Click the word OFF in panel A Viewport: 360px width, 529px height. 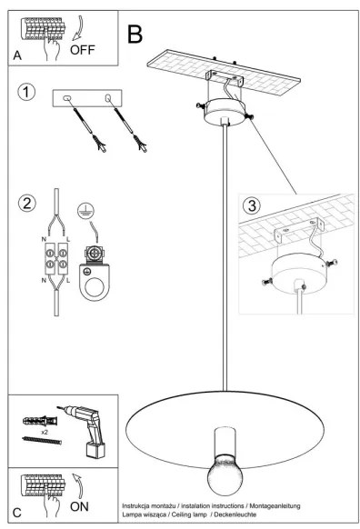click(83, 50)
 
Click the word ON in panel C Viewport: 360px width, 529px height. click(79, 506)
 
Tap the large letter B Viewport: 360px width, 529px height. click(135, 34)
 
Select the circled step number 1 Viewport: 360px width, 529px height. click(26, 92)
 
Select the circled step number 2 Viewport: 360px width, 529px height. click(26, 203)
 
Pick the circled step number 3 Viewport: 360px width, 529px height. click(252, 205)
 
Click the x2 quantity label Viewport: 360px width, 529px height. click(45, 432)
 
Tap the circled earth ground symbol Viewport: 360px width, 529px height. click(85, 211)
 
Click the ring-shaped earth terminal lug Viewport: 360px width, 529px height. click(94, 282)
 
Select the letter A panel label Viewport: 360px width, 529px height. click(17, 55)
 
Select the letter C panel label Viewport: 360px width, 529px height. click(17, 513)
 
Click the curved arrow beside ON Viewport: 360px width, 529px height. click(78, 485)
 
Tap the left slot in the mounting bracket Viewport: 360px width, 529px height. click(66, 98)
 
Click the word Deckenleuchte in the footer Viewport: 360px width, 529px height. click(235, 514)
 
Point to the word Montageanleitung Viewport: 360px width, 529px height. click(275, 505)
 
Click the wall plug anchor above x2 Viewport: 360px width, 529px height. click(40, 421)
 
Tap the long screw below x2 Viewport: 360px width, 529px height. click(42, 440)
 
